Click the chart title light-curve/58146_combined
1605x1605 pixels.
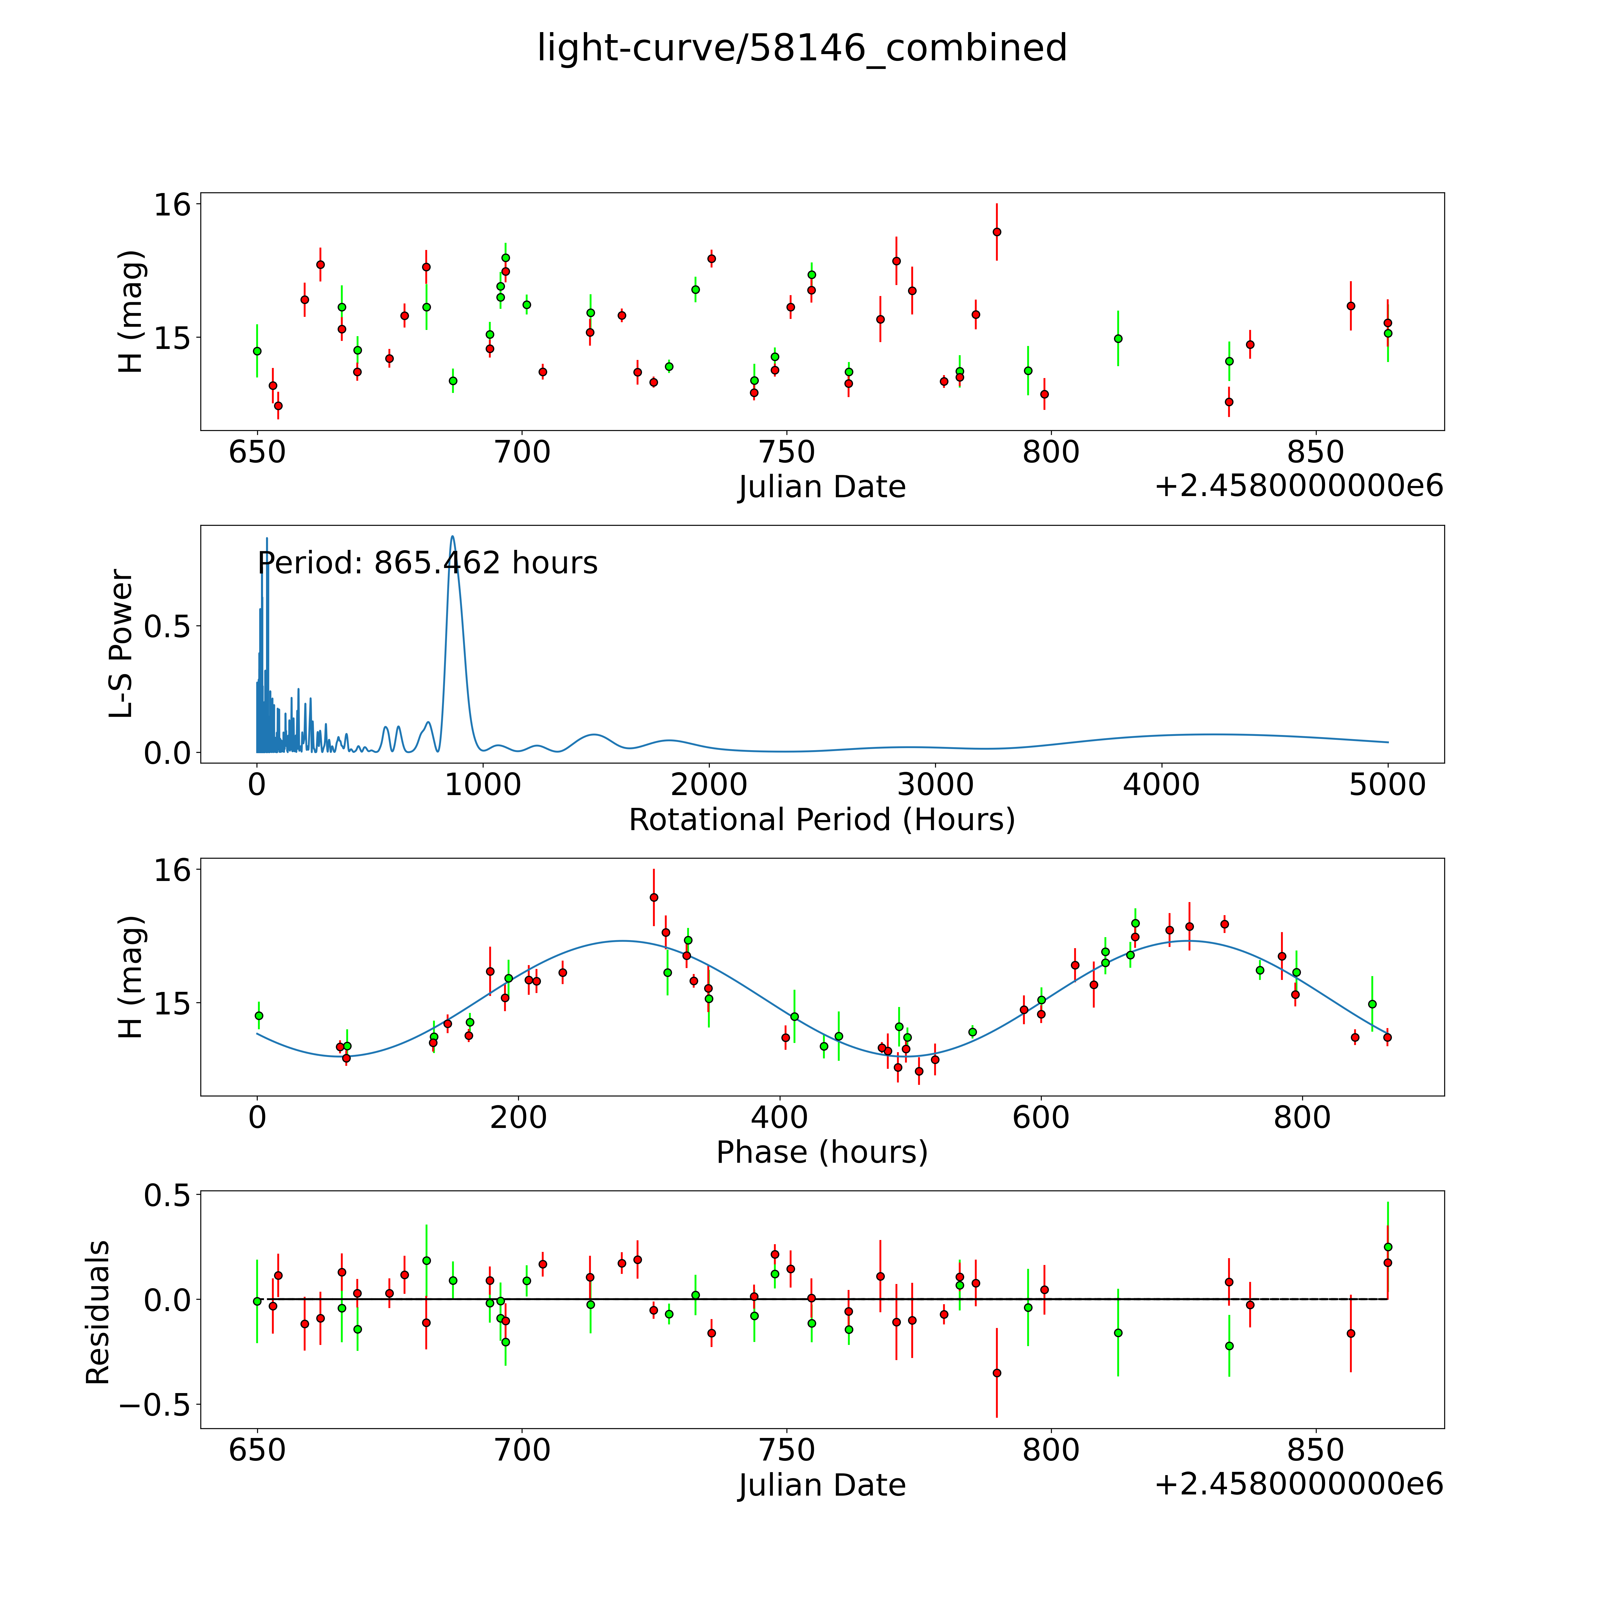[x=802, y=48]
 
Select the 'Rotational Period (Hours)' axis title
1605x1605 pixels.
[x=822, y=820]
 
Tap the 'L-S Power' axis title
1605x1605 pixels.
[x=121, y=644]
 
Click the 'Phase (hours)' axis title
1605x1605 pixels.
[x=822, y=1152]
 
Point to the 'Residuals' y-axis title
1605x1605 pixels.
[x=98, y=1313]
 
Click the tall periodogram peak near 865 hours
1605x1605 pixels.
[x=453, y=537]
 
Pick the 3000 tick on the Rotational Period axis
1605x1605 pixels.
[x=935, y=784]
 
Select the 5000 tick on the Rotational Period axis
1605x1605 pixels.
[x=1387, y=784]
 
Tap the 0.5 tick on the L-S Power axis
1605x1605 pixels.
[x=167, y=626]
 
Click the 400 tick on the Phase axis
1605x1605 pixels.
[x=779, y=1117]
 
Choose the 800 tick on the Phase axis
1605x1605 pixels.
[x=1302, y=1117]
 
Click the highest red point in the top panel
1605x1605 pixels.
[x=997, y=232]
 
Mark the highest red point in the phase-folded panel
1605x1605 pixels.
[x=654, y=897]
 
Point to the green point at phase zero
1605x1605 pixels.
[x=258, y=1015]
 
